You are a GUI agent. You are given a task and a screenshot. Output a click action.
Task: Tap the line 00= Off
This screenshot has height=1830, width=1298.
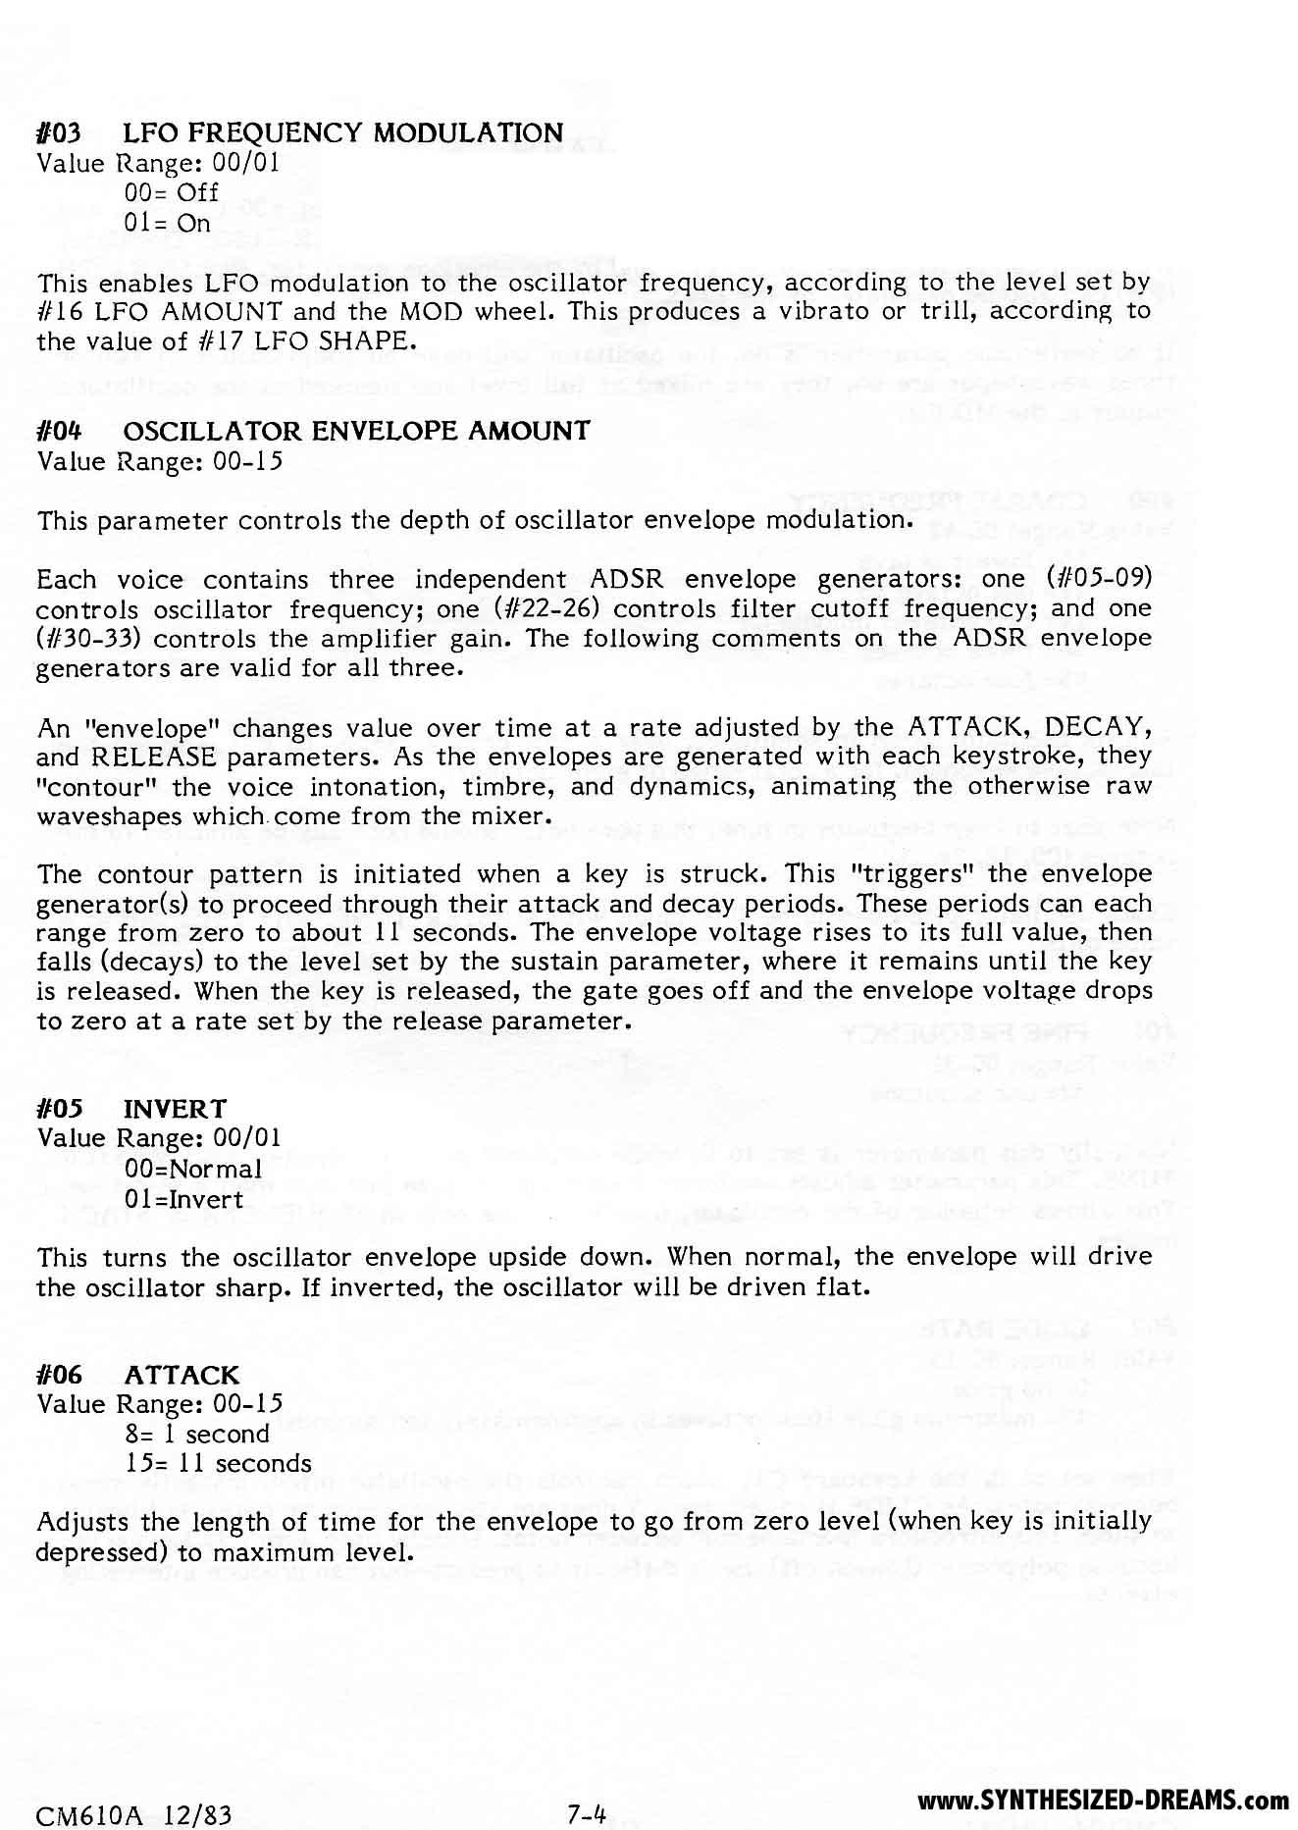[x=172, y=192]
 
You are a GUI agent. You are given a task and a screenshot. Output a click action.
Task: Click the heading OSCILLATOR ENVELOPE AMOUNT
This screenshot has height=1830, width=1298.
[x=357, y=431]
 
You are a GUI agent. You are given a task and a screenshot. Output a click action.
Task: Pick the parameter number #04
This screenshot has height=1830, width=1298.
[x=58, y=431]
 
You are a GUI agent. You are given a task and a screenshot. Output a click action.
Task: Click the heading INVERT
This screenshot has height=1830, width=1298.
[x=175, y=1109]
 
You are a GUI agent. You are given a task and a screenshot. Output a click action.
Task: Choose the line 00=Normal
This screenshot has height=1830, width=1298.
[x=193, y=1170]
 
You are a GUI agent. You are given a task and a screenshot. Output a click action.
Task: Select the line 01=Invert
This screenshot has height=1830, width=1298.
[x=184, y=1199]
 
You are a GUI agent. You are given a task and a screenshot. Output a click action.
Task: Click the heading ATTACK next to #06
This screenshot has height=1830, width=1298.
[x=182, y=1375]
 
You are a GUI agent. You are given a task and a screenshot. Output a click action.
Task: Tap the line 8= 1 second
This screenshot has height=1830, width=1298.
[x=197, y=1434]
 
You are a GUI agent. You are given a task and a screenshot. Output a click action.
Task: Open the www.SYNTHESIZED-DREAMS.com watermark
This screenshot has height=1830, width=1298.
[x=1104, y=1800]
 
